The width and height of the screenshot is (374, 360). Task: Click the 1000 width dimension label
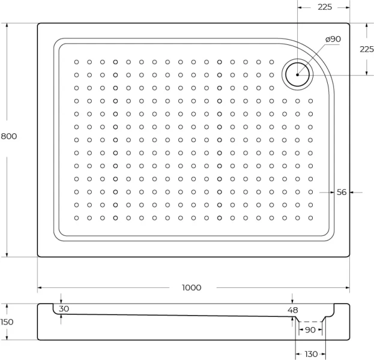pos(192,287)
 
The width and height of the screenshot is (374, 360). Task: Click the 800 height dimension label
pos(9,136)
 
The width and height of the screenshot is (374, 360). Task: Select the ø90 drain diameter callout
pos(333,39)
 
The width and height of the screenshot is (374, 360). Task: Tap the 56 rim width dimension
pos(342,192)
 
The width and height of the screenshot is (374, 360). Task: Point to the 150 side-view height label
pos(7,322)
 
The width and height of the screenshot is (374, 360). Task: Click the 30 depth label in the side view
pos(64,309)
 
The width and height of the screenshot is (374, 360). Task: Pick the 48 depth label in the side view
pos(293,310)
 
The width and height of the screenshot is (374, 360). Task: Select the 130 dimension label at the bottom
pos(311,354)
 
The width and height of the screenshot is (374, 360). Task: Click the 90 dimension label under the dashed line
pos(310,330)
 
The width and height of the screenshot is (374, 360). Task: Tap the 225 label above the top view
pos(325,7)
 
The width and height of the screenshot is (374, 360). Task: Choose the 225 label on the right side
pos(367,49)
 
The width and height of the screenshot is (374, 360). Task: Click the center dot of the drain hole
pos(297,75)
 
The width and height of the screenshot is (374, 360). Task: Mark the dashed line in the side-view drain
pos(310,322)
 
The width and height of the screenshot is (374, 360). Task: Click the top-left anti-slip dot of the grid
pos(77,62)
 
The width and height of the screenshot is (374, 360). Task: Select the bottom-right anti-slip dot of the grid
pos(310,218)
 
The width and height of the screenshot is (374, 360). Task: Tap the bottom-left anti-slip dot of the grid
pos(77,218)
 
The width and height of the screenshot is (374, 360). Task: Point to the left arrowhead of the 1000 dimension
pos(40,288)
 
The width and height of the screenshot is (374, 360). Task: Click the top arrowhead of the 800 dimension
pos(7,25)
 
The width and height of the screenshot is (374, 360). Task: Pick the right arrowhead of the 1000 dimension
pos(347,288)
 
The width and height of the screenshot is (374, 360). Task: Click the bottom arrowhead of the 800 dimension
pos(7,255)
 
